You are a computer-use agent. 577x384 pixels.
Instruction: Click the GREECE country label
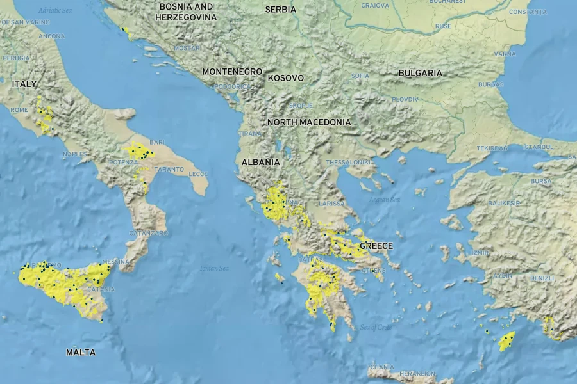point(376,246)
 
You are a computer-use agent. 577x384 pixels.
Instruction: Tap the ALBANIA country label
point(260,163)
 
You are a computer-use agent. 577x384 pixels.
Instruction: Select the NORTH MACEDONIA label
point(309,122)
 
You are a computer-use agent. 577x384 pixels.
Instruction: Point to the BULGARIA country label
point(420,73)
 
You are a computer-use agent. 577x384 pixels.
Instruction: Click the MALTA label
point(81,353)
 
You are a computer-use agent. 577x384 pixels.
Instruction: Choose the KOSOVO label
point(285,78)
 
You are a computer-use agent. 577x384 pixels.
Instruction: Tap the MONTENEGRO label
point(233,72)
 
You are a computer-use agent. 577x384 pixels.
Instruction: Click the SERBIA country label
point(281,10)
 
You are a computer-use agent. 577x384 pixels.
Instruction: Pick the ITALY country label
point(24,84)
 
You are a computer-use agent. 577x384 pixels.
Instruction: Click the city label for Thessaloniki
point(349,163)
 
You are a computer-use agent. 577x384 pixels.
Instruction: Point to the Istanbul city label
point(538,147)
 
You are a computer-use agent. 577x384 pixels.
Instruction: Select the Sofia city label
point(360,76)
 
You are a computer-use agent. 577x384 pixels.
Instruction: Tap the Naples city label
point(75,154)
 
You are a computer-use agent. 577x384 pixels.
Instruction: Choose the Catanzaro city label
point(149,234)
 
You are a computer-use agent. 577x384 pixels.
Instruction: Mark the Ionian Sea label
point(214,268)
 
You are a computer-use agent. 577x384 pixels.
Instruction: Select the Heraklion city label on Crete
point(417,374)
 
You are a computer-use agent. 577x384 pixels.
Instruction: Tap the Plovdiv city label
point(405,99)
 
